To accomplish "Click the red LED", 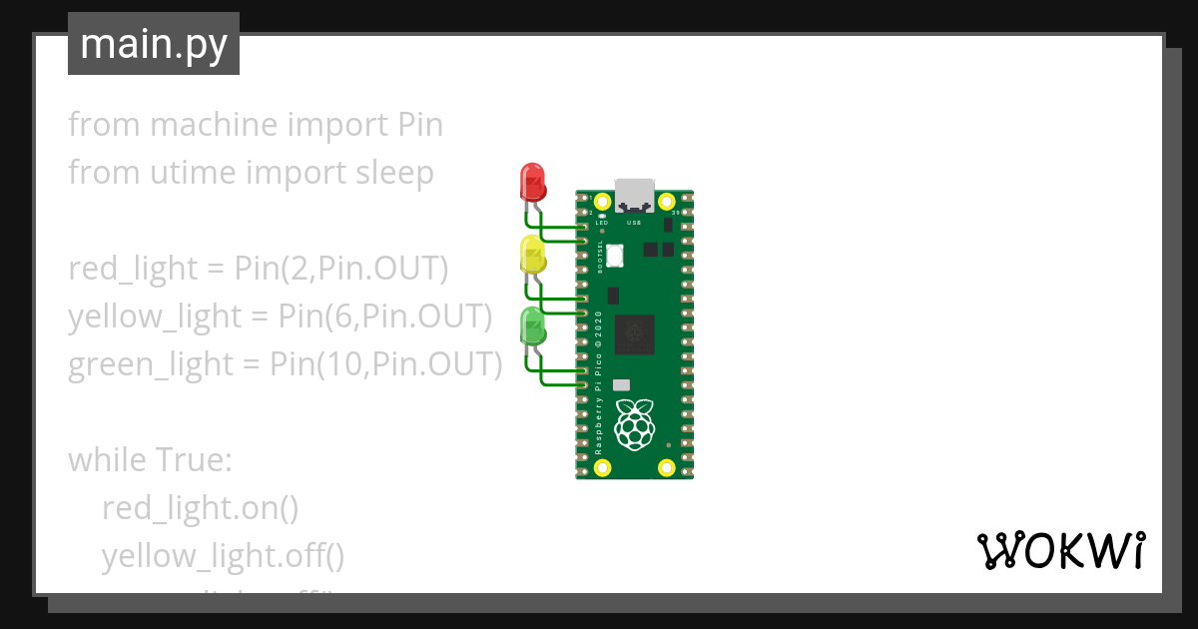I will pyautogui.click(x=533, y=183).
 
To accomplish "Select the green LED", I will pyautogui.click(x=533, y=326).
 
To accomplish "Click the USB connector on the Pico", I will pyautogui.click(x=634, y=194).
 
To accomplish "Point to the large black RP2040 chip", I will pyautogui.click(x=635, y=333).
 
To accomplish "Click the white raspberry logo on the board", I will pyautogui.click(x=635, y=422).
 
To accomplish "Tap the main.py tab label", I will pyautogui.click(x=154, y=45).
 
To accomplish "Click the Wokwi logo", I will pyautogui.click(x=1060, y=551).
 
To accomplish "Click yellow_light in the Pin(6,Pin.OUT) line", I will pyautogui.click(x=155, y=316).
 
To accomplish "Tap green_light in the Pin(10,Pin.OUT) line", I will pyautogui.click(x=150, y=364).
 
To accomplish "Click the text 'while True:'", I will pyautogui.click(x=150, y=460).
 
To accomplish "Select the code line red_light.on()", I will pyautogui.click(x=200, y=508).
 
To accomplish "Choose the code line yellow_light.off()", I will pyautogui.click(x=223, y=556).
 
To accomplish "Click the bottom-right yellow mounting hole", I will pyautogui.click(x=667, y=466).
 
